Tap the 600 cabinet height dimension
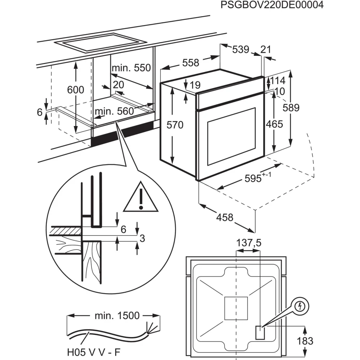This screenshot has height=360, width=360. pos(75,90)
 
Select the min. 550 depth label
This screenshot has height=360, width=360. pos(131,68)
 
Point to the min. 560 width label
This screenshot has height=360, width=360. pos(114,111)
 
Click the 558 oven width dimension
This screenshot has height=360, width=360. pos(190,63)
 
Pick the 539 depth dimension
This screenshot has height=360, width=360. pos(240,49)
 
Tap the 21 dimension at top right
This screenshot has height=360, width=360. pos(265,50)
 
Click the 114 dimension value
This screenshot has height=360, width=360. pos(278,81)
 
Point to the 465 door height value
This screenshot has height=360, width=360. pos(275,124)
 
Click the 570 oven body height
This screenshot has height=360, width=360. pos(175,125)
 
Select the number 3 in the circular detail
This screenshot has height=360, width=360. pos(142,238)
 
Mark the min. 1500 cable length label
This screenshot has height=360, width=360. pos(117,316)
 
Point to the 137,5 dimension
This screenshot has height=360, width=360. pos(248,243)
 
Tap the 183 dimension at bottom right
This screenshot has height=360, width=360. pos(305,341)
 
